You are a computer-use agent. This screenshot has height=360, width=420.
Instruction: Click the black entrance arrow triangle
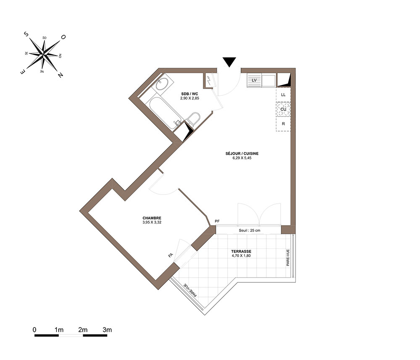point(229,62)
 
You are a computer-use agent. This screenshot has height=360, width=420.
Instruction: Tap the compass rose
point(43,54)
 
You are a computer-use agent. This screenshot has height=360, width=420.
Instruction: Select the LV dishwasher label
point(254,80)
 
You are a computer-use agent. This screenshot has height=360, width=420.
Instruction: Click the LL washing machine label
point(283,95)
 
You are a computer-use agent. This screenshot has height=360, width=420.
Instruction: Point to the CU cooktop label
point(283,109)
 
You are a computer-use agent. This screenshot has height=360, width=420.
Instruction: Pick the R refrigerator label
point(283,124)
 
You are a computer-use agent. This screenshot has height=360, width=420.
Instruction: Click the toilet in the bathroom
point(193,119)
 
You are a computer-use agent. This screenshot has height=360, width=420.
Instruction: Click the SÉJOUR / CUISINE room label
point(242,153)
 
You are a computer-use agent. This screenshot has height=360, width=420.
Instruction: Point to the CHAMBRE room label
point(152,218)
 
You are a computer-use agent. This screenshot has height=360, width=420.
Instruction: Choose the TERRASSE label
point(241,252)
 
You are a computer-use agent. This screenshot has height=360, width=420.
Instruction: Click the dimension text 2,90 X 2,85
point(190,98)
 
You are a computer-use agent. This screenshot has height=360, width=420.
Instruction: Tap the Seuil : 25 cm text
point(249,230)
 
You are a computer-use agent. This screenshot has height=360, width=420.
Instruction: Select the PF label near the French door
point(217,221)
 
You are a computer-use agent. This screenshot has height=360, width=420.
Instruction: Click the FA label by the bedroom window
point(171,255)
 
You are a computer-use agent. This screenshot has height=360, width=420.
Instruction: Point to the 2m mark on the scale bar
point(83,330)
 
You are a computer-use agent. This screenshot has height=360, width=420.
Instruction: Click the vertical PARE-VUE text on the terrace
point(288,258)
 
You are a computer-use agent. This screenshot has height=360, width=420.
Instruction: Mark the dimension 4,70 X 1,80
point(241,256)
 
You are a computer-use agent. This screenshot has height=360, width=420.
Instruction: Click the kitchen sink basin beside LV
point(268,81)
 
